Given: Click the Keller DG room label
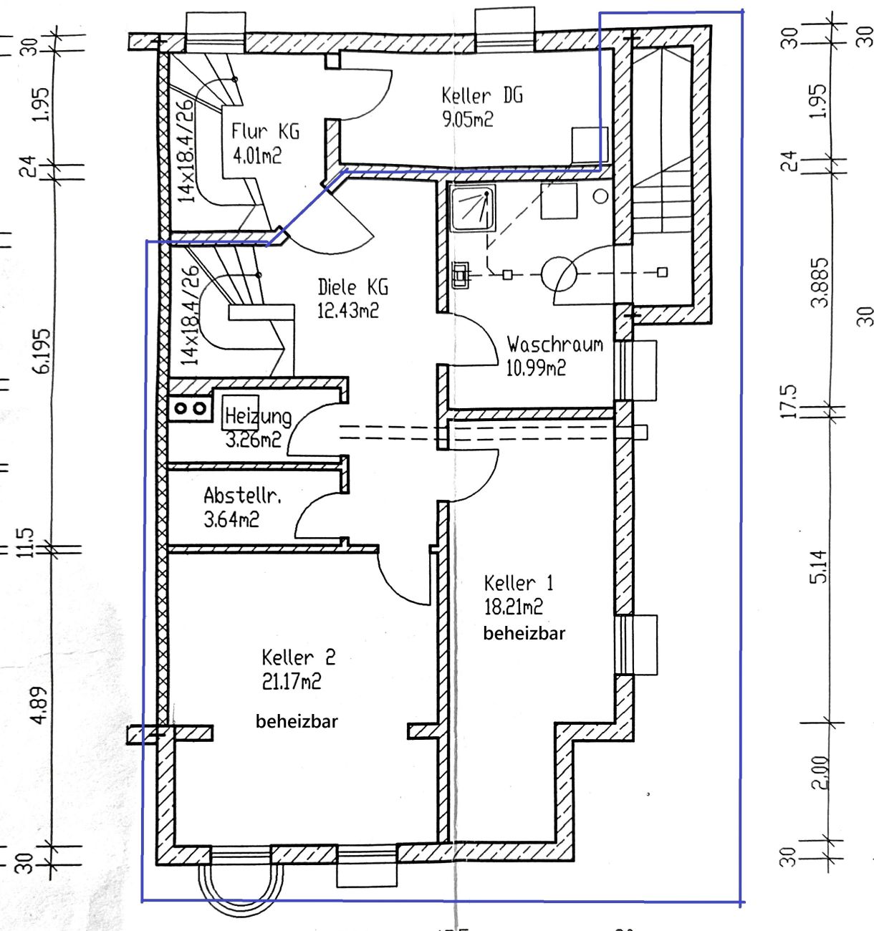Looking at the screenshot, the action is coord(482,96).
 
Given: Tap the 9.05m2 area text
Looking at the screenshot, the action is coord(468,120).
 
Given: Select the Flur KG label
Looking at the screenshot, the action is coord(265,131).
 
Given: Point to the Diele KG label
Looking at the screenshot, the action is coord(352,287).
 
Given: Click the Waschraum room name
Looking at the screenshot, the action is coord(555,344).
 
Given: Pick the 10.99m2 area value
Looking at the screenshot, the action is coord(536,368).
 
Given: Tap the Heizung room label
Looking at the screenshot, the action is coord(258,416).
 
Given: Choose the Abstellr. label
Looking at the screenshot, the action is coord(243,496).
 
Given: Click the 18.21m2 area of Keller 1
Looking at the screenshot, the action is coord(513,607).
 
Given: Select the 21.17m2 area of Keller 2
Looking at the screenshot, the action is coord(292,681).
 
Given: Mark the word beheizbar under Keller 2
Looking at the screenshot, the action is coord(297,721).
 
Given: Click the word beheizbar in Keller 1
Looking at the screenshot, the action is coord(524,634).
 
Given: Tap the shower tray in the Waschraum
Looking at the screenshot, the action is coord(472,208).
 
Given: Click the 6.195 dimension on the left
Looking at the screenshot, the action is coord(42,351).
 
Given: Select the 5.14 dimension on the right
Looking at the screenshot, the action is coord(818,566).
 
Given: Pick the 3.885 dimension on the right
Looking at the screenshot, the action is coord(819,282).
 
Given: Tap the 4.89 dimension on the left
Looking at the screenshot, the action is coord(41,705).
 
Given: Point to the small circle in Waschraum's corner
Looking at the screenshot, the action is coord(600,196).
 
